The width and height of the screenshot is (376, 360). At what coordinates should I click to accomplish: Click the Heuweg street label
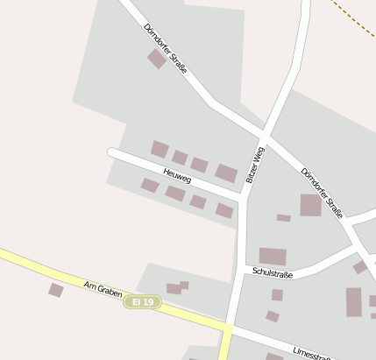[177, 171]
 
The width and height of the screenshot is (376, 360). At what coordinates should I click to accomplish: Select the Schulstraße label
[272, 273]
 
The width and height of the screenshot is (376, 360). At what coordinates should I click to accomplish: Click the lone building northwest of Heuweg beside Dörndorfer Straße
[157, 59]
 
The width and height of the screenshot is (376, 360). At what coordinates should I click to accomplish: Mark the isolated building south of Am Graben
[56, 290]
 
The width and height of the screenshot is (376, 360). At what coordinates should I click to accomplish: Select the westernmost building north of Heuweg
[160, 149]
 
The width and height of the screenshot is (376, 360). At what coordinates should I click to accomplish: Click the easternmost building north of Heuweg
[226, 173]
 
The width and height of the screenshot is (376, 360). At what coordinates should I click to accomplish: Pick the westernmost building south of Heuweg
[150, 185]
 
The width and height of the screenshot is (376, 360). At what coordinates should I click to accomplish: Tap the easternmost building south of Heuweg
[224, 210]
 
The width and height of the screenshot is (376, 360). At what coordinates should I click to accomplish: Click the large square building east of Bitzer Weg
[311, 205]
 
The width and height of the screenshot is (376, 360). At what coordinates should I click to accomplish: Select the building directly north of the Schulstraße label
[273, 257]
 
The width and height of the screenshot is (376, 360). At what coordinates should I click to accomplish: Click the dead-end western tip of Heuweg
[111, 152]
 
